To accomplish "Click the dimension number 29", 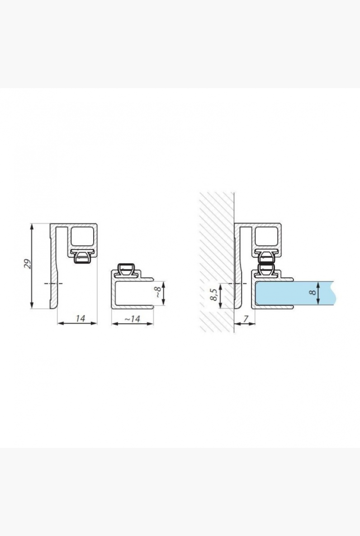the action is [28, 264].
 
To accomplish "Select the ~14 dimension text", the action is [132, 319].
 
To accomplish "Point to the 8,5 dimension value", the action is [213, 295].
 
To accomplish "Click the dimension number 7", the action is [246, 319].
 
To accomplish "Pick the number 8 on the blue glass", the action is [312, 292].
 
